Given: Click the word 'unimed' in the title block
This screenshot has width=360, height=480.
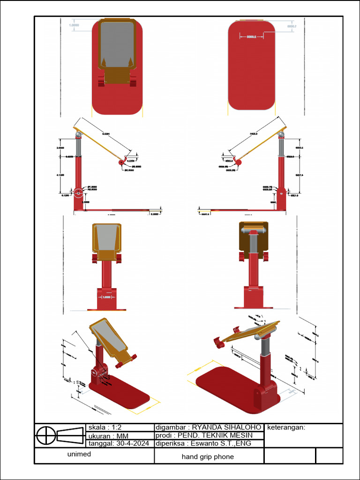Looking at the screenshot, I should (79, 454).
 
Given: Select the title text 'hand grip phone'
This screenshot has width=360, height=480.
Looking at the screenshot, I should (208, 457).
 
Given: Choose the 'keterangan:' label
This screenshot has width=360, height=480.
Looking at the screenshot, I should (286, 427).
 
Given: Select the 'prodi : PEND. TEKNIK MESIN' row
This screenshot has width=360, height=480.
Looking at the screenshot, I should (204, 435).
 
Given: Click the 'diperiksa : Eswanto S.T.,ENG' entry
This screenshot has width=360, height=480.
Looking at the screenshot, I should (204, 443).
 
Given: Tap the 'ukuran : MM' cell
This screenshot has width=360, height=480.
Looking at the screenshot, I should (105, 436).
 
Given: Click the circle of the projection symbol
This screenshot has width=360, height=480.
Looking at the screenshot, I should (46, 435).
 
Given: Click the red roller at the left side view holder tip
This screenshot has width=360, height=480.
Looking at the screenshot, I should (122, 162).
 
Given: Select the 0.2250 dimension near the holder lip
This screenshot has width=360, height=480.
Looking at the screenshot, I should (131, 160).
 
